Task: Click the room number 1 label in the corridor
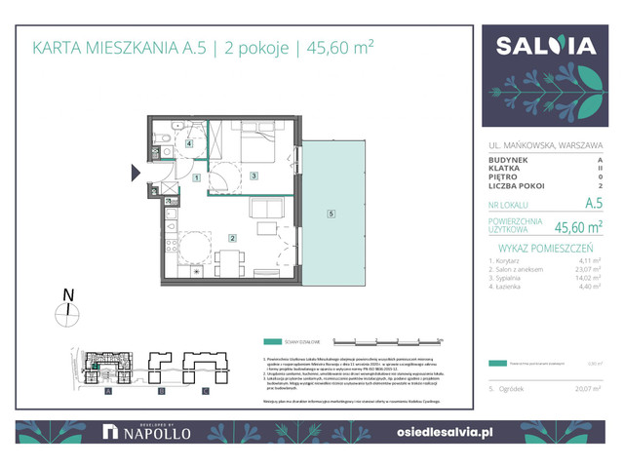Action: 196,178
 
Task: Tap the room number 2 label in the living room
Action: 232,238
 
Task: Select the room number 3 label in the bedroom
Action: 253,175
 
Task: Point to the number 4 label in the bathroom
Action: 189,143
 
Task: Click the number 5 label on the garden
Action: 331,214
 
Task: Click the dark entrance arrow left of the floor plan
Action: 136,174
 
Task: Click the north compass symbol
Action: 66,312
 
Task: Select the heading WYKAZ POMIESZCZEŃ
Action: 544,249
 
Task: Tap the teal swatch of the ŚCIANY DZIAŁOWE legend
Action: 279,342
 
